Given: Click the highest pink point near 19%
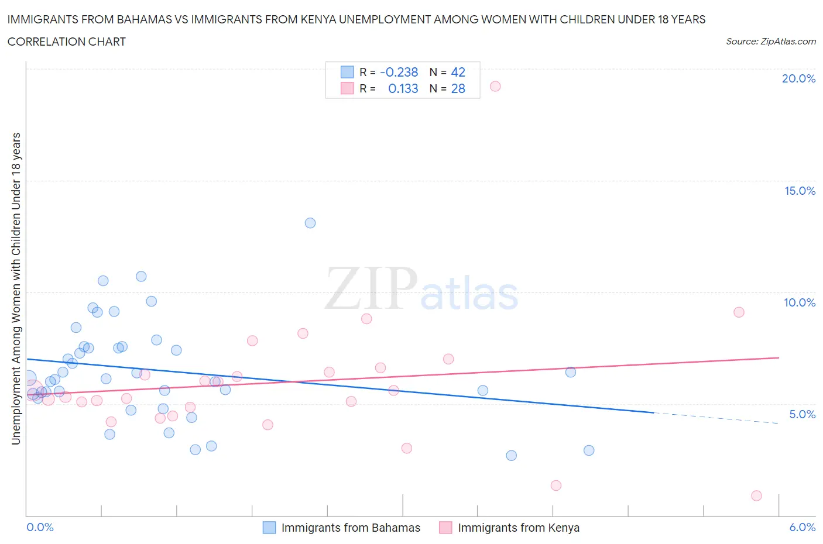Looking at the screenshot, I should point(495,87).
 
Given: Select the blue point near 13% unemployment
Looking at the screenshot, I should point(310,223).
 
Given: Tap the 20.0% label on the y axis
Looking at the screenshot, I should point(798,78).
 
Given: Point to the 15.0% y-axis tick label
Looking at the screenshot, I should point(800,191).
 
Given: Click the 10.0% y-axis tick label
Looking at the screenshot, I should point(800,302).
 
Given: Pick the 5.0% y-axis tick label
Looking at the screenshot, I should point(802,414).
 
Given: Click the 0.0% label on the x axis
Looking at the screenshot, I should point(40,527).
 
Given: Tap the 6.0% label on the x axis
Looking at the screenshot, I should point(802,527).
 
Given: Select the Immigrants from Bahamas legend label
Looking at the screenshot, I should point(351,528).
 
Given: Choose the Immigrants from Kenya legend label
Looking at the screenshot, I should point(519,528).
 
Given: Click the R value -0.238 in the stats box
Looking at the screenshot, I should point(399,73).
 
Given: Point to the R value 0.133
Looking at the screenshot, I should point(403,89).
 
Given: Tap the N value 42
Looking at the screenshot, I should point(458,73).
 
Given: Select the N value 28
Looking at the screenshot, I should point(458,89).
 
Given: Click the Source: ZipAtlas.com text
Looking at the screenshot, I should point(770,42).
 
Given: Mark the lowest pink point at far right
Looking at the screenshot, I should point(756,495).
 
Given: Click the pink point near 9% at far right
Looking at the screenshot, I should point(739,312).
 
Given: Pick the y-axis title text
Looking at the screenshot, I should point(16,288).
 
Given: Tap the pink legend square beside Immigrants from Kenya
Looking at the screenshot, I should point(445,528).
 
